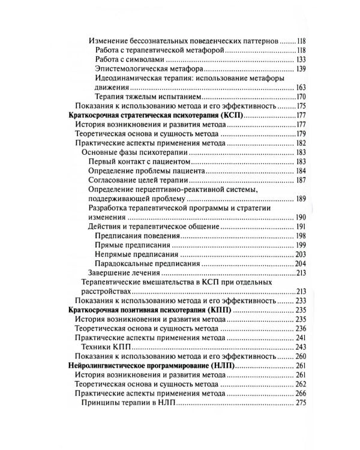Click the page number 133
tap(301, 61)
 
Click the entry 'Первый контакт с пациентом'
tap(139, 163)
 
